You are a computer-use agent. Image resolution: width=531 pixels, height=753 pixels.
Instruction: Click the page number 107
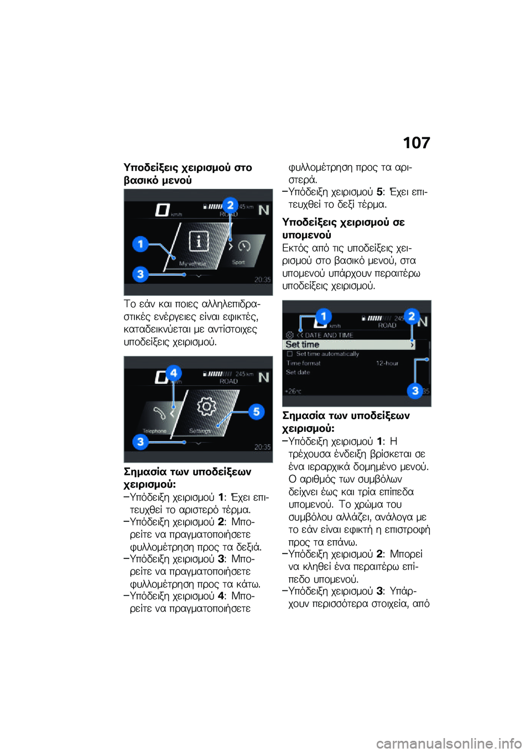[416, 143]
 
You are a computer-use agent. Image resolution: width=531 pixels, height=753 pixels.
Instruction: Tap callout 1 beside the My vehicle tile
[140, 244]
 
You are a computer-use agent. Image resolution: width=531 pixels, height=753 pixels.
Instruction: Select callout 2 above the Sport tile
[230, 205]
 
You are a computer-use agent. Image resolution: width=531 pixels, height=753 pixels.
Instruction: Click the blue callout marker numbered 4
[174, 373]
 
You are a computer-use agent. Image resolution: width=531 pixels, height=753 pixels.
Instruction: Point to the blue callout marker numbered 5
[256, 411]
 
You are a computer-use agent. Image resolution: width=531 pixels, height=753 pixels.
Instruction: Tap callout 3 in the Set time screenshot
[415, 390]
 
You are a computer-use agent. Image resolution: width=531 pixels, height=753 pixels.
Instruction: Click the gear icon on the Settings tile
[207, 407]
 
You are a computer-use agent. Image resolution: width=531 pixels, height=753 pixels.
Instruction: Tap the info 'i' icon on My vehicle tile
[199, 241]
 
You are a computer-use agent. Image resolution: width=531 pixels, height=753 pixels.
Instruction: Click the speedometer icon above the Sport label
[244, 246]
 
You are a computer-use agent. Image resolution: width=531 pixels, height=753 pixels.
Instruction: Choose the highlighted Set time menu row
[349, 344]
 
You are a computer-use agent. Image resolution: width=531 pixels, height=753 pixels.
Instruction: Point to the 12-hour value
[387, 363]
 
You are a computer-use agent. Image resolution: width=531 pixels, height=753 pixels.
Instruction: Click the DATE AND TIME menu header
[329, 335]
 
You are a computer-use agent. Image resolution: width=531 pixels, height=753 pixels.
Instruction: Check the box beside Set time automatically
[290, 354]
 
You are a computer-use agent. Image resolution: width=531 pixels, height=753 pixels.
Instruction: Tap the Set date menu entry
[298, 373]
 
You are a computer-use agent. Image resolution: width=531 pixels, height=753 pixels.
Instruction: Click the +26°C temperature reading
[293, 391]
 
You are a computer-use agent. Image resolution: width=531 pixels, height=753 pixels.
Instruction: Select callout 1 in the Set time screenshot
[323, 316]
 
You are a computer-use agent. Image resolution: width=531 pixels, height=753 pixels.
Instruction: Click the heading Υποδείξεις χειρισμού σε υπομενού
[343, 228]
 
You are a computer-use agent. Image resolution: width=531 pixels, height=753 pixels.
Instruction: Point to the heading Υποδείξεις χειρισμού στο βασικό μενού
[188, 174]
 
